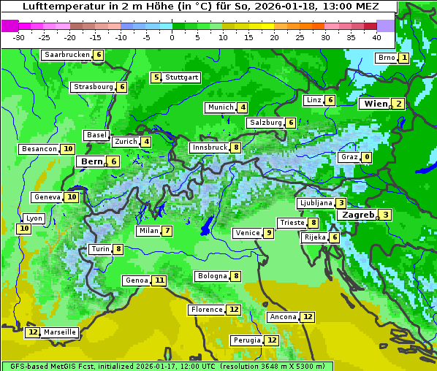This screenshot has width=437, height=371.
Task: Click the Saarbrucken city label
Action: (x=67, y=55)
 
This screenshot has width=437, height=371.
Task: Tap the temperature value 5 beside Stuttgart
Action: (x=156, y=77)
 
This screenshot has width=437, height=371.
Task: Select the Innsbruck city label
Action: (x=209, y=148)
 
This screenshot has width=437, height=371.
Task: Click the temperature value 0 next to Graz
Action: (x=366, y=157)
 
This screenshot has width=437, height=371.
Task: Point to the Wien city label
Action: (x=376, y=104)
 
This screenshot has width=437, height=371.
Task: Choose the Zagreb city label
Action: (x=358, y=215)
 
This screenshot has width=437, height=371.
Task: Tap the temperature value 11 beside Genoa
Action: (x=159, y=280)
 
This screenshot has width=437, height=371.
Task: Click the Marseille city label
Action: (x=60, y=332)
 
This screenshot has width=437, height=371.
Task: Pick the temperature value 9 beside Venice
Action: (x=269, y=233)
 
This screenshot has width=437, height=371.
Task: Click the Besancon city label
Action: (x=39, y=149)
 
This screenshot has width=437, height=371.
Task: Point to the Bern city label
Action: (x=92, y=161)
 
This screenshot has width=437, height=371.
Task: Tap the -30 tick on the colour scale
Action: (x=19, y=37)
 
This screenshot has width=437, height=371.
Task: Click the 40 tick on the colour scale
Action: (x=376, y=37)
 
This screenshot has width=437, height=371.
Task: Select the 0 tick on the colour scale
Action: (x=172, y=37)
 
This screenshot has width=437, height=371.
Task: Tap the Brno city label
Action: (x=386, y=58)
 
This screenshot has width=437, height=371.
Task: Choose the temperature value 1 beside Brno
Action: (x=403, y=58)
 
